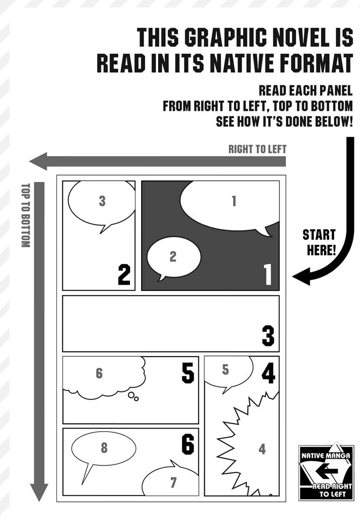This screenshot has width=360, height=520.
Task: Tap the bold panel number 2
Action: coord(124,274)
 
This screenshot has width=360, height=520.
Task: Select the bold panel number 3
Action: coord(268,336)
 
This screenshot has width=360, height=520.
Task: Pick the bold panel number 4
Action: coord(268,373)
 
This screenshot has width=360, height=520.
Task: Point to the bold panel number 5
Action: coord(188,373)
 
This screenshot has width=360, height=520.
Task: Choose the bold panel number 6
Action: coord(188,444)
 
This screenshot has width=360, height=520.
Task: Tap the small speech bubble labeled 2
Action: coord(173,258)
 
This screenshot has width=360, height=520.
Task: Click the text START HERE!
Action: coord(319,243)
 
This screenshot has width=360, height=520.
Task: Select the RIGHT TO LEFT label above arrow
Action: coord(257,149)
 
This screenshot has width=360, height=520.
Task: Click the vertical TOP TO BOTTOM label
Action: coord(25,215)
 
